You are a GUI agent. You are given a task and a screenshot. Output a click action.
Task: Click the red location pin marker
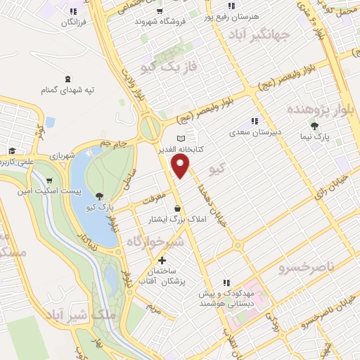click(181, 166)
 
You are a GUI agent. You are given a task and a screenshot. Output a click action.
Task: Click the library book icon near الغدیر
click(182, 138)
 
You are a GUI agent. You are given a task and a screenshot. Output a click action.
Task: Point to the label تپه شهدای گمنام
click(67, 90)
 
